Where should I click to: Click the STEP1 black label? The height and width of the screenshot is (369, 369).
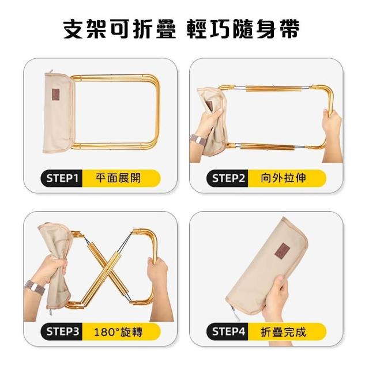click(x=62, y=178)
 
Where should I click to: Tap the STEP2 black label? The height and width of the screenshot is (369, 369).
click(x=227, y=178)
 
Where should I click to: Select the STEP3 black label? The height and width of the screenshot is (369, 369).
click(x=62, y=332)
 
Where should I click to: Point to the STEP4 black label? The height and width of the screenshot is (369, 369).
click(x=227, y=332)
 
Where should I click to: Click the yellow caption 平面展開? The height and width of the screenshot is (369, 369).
click(x=118, y=178)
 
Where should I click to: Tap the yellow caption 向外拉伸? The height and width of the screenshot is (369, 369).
click(x=283, y=178)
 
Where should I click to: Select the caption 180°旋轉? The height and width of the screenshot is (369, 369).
click(x=118, y=332)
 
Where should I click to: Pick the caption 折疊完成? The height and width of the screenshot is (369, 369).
click(x=283, y=332)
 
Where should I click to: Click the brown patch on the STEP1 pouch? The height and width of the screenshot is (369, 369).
click(x=57, y=94)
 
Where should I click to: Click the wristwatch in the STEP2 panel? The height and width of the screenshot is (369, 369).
click(x=197, y=141)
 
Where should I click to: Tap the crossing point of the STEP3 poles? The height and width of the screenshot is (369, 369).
click(x=107, y=268)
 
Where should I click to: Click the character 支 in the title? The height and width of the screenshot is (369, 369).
click(x=74, y=29)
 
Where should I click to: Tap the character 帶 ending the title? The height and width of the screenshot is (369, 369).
click(x=289, y=29)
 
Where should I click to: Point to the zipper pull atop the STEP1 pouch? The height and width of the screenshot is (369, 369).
click(x=51, y=71)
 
